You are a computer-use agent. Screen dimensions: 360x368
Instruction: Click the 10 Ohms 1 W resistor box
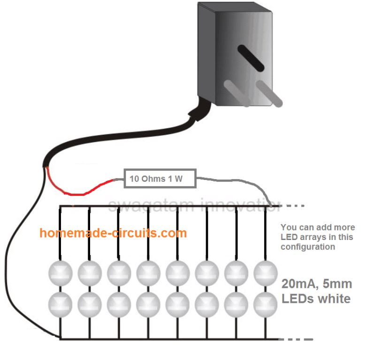click(x=159, y=179)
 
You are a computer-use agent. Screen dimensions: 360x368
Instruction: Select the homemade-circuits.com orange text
click(x=113, y=233)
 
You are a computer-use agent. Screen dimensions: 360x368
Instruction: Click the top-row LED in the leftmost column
click(x=60, y=272)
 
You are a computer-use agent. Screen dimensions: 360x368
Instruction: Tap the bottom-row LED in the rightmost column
click(x=265, y=304)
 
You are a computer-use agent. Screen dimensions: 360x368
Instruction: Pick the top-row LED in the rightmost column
click(x=265, y=272)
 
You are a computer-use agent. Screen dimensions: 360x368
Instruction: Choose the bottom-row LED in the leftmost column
click(x=60, y=304)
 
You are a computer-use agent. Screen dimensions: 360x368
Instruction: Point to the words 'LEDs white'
click(x=316, y=299)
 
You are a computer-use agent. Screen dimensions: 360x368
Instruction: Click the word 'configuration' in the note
click(x=307, y=247)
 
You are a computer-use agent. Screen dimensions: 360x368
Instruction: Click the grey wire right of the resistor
click(x=235, y=180)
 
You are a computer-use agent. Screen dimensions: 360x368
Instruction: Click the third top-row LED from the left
click(x=119, y=272)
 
